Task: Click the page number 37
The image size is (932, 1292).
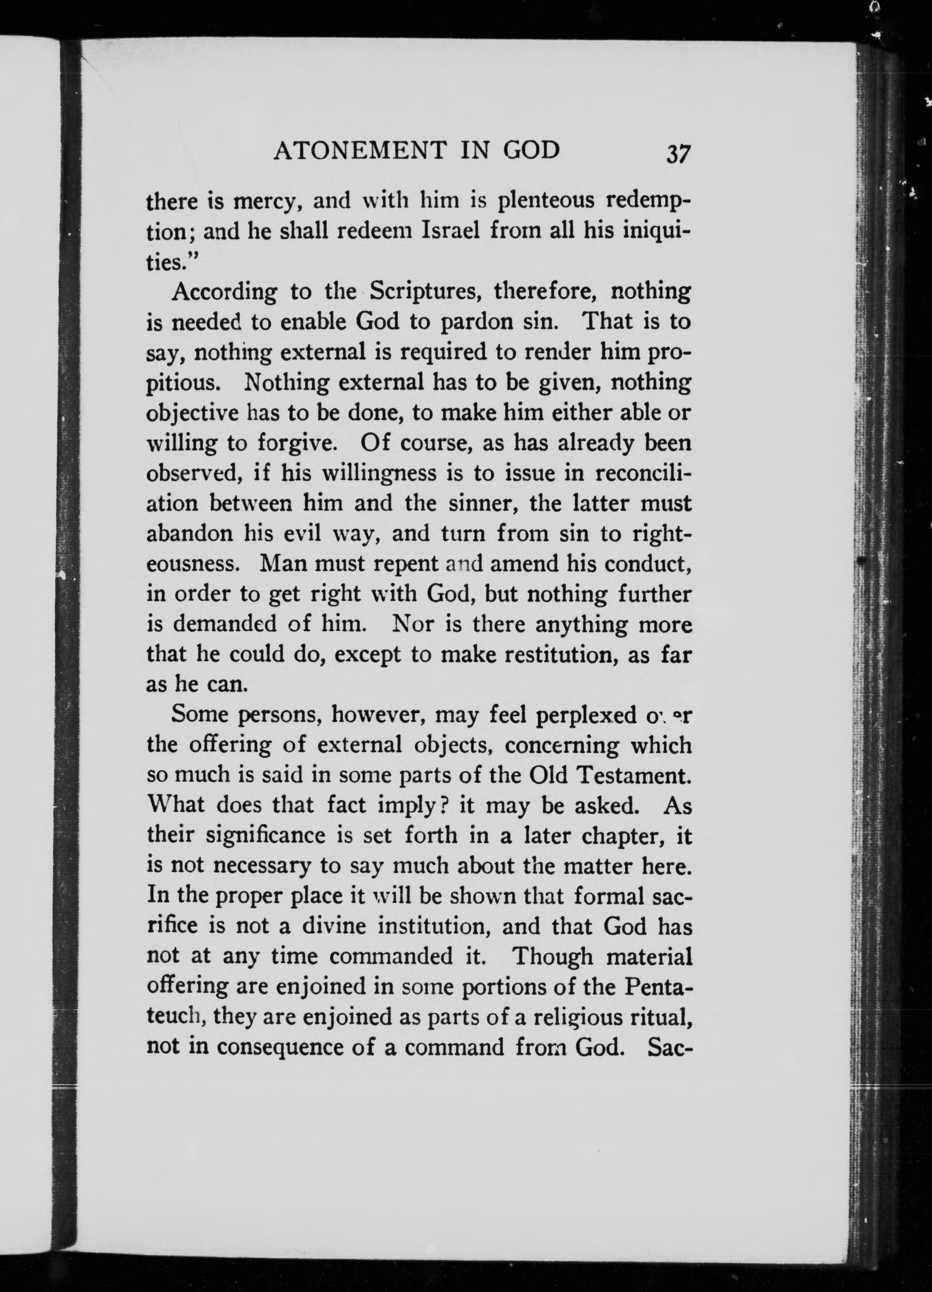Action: (x=678, y=154)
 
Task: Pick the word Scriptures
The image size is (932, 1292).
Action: (x=427, y=292)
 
